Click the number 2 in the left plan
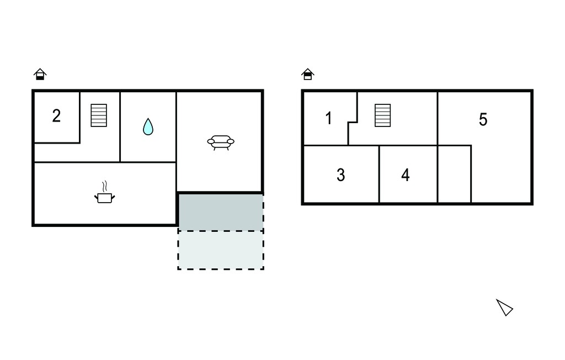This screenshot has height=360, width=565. coord(56,116)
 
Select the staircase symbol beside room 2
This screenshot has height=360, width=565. coord(99,115)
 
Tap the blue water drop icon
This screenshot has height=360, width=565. coord(148,126)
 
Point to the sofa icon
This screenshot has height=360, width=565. coord(221,142)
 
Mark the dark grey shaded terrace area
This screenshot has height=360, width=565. coord(221,212)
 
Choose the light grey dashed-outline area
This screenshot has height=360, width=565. coord(221,250)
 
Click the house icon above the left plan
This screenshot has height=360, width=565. coord(40,74)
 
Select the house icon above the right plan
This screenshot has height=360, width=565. coord(308,74)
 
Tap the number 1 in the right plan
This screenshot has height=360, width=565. coord(328,118)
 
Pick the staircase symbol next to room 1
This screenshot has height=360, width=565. coord(383,115)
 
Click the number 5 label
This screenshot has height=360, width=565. coord(483,119)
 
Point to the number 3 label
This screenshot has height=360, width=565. coord(340,175)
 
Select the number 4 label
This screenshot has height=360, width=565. coord(406,175)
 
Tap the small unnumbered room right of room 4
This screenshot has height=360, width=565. coord(455,174)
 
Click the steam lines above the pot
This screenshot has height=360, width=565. coord(104,186)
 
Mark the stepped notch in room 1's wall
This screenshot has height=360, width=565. coord(353,123)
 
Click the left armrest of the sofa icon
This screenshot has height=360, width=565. coord(211,141)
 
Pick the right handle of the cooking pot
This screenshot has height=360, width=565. coord(113,197)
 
